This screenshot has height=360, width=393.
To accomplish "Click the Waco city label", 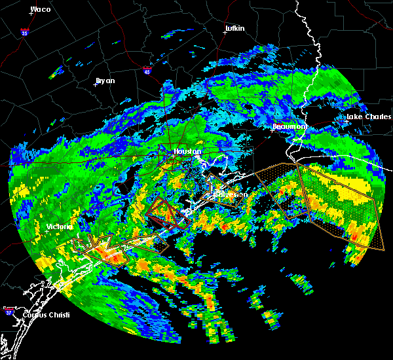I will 40,9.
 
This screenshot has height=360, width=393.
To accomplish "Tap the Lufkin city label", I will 234,28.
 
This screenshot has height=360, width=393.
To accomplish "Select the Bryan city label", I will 105,81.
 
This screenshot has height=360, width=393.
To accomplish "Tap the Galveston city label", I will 230,194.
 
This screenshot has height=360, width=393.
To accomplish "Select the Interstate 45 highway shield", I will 147,69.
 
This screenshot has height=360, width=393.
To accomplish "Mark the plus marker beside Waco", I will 31,14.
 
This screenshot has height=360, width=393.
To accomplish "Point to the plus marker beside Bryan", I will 96,84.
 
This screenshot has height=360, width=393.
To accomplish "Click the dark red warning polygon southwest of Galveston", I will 165,213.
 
